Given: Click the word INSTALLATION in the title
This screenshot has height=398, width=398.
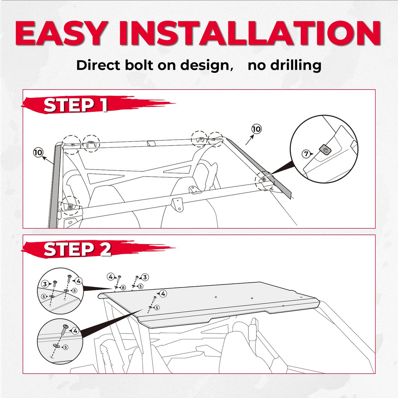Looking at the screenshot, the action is click(x=249, y=33).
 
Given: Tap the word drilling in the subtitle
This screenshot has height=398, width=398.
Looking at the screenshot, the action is click(x=284, y=66).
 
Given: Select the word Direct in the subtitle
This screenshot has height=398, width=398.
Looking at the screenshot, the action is click(x=99, y=65).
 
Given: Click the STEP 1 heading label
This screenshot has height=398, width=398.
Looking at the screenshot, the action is click(x=76, y=105).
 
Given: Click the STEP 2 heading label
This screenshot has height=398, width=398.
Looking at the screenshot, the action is click(x=77, y=249).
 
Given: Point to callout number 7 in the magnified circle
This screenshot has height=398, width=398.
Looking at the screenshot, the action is click(x=306, y=154).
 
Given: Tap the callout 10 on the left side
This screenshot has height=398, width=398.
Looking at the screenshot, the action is click(x=38, y=153).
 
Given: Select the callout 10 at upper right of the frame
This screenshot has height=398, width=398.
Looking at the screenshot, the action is click(x=256, y=129).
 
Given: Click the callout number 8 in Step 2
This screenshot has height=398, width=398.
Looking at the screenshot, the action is click(x=123, y=287).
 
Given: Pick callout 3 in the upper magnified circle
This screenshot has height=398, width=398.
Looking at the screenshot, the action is click(x=45, y=284).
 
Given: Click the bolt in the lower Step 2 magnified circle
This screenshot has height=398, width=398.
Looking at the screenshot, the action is click(x=64, y=329).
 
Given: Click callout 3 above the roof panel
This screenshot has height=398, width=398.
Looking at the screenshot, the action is click(x=145, y=277).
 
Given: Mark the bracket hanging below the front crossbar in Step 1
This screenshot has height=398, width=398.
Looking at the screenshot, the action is click(x=178, y=204).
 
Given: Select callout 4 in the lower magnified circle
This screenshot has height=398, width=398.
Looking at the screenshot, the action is click(x=75, y=331).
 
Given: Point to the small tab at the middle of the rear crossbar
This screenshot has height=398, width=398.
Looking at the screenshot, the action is click(x=151, y=143).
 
